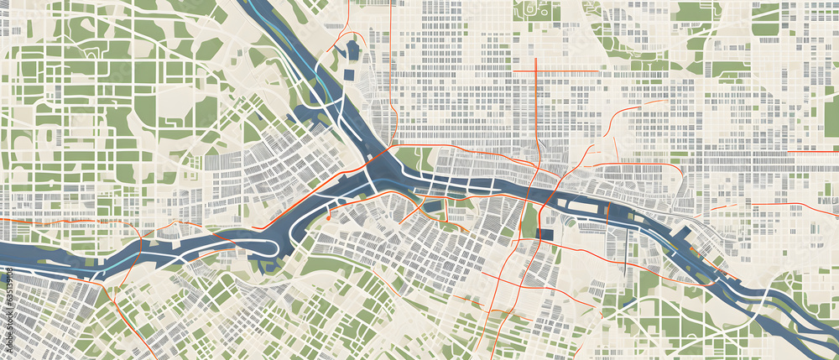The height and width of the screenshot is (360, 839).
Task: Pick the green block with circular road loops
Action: tap(538, 9)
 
